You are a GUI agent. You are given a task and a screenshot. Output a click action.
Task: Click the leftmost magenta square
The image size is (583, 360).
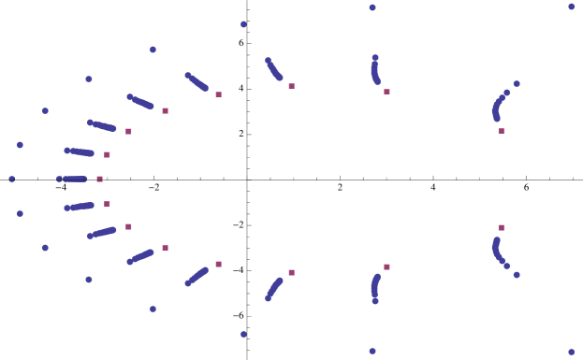point(99,179)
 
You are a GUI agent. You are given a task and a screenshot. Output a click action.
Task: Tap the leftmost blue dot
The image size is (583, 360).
point(12,179)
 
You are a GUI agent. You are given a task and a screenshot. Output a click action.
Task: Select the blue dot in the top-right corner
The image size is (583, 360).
point(571,7)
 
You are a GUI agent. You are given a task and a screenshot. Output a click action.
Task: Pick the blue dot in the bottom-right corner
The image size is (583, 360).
point(571,352)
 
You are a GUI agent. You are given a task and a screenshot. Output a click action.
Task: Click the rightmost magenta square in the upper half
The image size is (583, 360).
point(501,131)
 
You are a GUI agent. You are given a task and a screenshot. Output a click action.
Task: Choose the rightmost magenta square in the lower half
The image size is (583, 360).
point(501,227)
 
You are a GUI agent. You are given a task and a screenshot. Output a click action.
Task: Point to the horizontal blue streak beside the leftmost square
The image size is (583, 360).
point(72,179)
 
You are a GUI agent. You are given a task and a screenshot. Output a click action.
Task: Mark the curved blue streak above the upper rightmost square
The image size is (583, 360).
point(497,108)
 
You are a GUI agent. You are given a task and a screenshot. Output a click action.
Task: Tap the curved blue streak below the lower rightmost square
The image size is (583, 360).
point(497,250)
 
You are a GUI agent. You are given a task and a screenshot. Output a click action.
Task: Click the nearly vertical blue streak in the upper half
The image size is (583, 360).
point(375,70)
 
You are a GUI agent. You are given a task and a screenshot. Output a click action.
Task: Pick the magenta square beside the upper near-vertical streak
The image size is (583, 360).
point(386,92)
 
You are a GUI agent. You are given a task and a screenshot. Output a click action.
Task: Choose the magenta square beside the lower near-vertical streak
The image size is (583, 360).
point(386,266)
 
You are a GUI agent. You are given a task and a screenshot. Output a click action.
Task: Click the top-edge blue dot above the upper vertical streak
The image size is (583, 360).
point(372,7)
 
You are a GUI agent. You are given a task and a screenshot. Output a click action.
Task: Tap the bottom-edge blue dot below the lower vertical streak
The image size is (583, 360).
point(372,352)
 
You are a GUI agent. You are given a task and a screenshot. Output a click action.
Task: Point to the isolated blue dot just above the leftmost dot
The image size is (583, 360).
point(20,145)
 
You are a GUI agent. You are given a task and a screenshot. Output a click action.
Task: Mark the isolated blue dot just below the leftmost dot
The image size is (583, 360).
point(20,213)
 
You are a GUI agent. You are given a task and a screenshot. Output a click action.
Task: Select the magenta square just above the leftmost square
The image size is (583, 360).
point(107,154)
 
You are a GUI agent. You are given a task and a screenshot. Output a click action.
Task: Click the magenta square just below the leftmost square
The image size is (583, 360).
point(107,203)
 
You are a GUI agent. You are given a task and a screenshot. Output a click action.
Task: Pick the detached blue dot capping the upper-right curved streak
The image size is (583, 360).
point(516,83)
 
